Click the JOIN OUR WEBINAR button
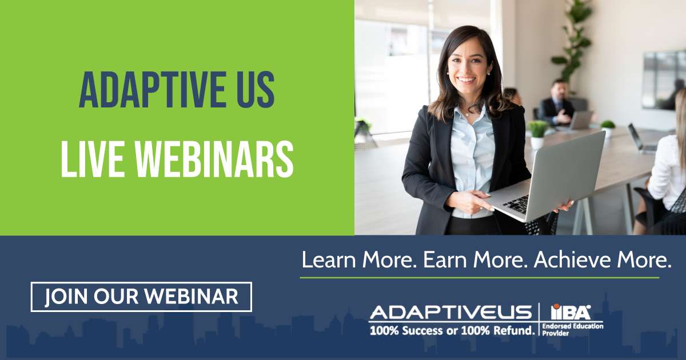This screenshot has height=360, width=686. [x=141, y=297]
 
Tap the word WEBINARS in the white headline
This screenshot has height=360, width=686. [x=215, y=159]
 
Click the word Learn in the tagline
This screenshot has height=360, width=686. [x=329, y=259]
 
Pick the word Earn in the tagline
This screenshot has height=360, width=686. [x=445, y=259]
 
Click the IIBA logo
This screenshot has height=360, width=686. [x=571, y=311]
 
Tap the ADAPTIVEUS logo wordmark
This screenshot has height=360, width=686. [x=451, y=312]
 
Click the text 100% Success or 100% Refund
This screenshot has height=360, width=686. [x=452, y=331]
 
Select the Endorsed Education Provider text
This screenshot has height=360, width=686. [x=573, y=329]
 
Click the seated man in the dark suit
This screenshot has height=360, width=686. [x=557, y=104]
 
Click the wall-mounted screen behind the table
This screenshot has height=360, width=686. [x=664, y=80]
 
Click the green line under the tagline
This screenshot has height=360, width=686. [x=480, y=278]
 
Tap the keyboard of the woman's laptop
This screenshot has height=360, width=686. [x=517, y=203]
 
